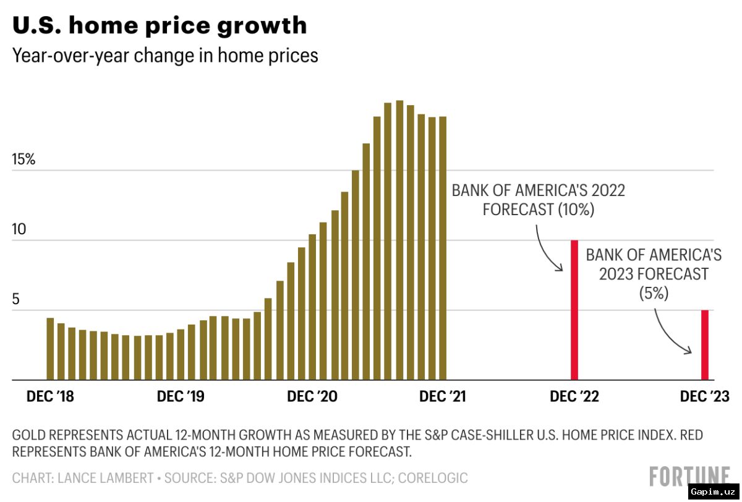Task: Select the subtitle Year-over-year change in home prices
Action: click(x=165, y=56)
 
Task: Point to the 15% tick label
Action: click(x=23, y=160)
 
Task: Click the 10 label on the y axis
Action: click(x=19, y=229)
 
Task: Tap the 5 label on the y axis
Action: click(x=15, y=299)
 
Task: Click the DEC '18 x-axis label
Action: click(x=50, y=396)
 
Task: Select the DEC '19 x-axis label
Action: click(x=181, y=396)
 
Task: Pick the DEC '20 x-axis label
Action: click(x=312, y=396)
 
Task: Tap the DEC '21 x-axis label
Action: click(x=443, y=396)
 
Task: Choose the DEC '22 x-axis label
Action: click(x=574, y=396)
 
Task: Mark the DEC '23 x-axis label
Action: click(x=704, y=396)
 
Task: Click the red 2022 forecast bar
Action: click(x=574, y=310)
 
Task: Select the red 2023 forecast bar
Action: click(x=705, y=345)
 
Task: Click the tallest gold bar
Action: click(x=400, y=240)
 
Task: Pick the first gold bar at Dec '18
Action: click(x=50, y=349)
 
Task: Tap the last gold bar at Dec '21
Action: click(x=443, y=249)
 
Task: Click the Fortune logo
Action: click(x=689, y=476)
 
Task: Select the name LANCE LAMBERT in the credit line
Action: click(x=105, y=478)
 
